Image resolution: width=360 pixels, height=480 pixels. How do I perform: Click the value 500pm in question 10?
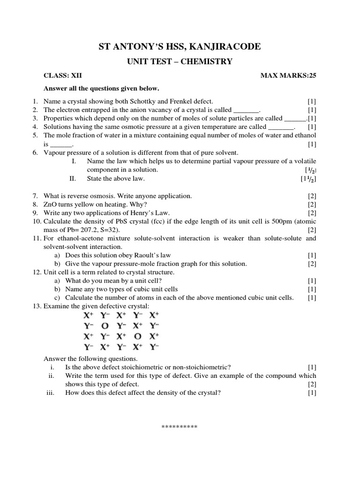tap(271, 221)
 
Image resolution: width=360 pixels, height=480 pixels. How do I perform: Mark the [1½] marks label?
tap(308, 179)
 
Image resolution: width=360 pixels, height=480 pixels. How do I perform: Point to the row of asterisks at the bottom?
tap(180, 427)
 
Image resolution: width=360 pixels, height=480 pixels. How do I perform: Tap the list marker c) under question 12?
tap(57, 298)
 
